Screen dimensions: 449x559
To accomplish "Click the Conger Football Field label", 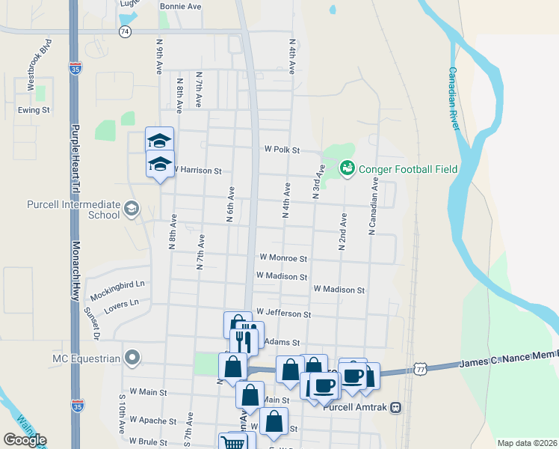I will coord(407,169).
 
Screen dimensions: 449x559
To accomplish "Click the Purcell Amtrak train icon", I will coord(396,408).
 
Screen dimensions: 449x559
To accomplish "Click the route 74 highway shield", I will coord(125,31).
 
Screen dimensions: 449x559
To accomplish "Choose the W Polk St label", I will coord(281,150).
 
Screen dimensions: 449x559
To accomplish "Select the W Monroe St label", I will coord(282,257).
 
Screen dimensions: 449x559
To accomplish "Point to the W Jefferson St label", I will coord(282,313).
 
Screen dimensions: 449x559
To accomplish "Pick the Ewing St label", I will coord(34,110).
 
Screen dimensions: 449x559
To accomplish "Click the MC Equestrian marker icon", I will coord(132,358).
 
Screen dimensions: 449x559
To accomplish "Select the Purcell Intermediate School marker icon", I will coord(132,208).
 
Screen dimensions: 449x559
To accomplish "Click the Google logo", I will coord(25,440).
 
